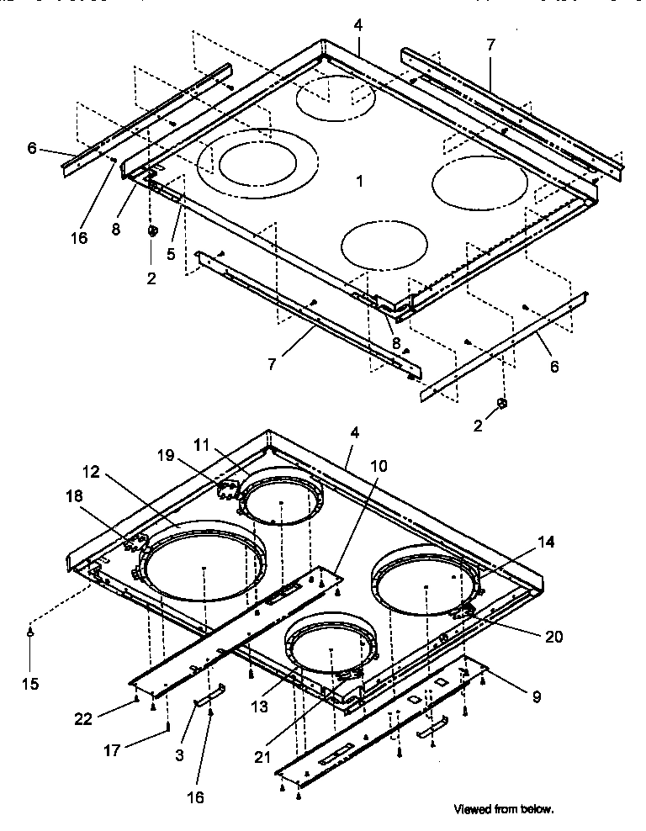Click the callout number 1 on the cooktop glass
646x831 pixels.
[359, 182]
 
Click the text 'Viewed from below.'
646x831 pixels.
[504, 809]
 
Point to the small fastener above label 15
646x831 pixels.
[31, 632]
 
